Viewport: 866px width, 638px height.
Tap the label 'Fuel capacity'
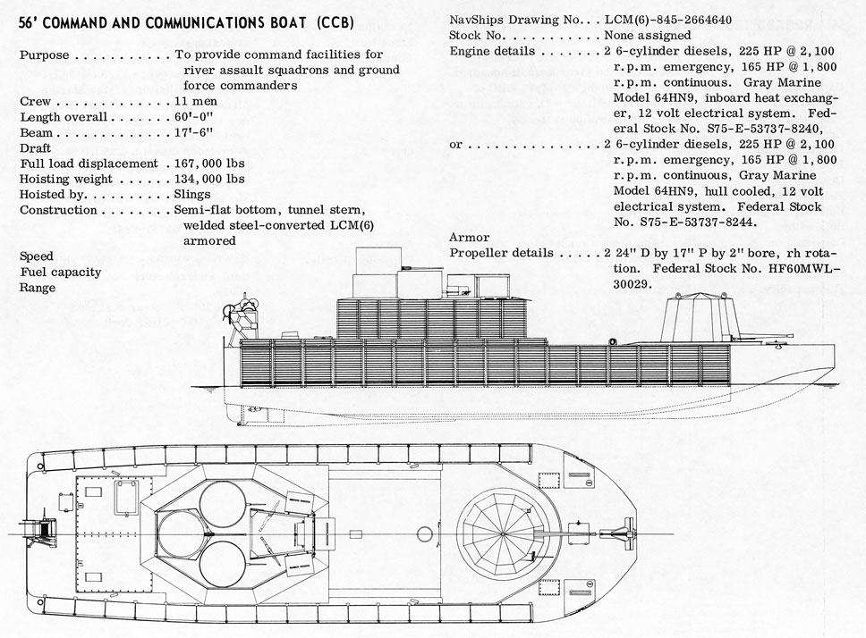pyautogui.click(x=60, y=272)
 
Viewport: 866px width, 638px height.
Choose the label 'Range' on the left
pyautogui.click(x=38, y=288)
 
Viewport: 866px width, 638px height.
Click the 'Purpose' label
pyautogui.click(x=46, y=55)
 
